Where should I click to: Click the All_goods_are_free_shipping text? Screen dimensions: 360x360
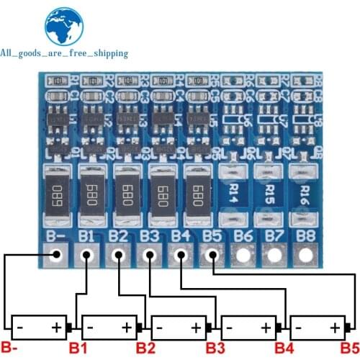point(64,53)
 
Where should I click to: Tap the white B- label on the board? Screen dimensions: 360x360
point(55,235)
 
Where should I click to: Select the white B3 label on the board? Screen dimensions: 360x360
point(149,235)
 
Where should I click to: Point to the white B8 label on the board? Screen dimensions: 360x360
point(306,235)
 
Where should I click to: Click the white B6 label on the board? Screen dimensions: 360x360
point(243,235)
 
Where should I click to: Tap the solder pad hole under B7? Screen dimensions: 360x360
point(274,256)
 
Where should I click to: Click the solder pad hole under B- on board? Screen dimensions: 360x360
point(55,256)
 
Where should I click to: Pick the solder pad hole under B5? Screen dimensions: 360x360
point(212,256)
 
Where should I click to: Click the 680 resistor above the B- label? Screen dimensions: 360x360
point(57,192)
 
